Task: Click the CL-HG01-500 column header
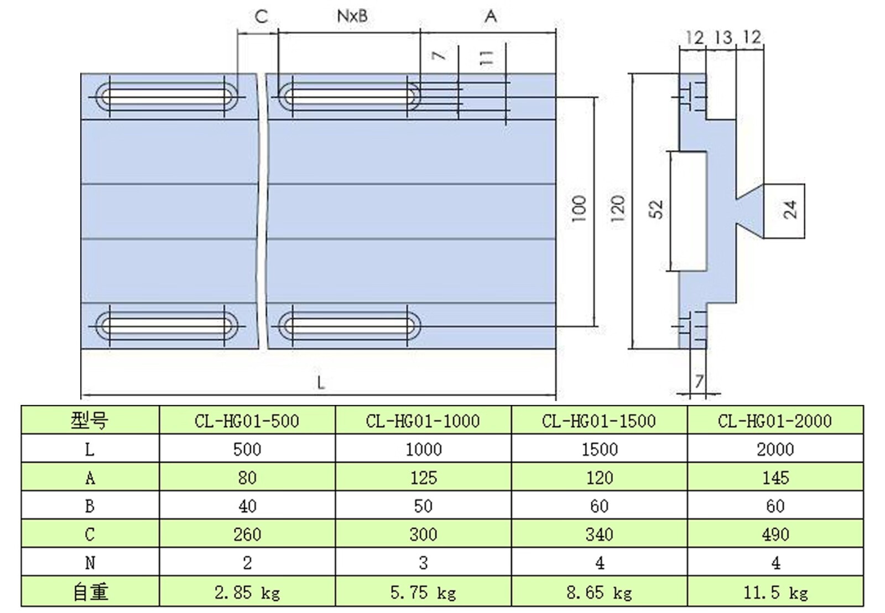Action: pos(247,421)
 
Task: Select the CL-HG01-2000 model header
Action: pos(774,421)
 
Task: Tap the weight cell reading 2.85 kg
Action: pos(247,593)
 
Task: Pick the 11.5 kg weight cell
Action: pos(774,593)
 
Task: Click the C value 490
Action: pos(774,534)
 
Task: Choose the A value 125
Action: pos(423,477)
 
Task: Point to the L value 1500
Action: pos(599,449)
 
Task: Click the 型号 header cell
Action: pos(90,421)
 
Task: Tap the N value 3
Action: pos(423,563)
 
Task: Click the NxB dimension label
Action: pos(352,16)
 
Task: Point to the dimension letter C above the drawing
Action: pos(261,17)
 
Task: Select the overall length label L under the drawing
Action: pos(321,383)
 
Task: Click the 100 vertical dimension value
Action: pos(579,209)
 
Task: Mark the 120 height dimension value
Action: pos(618,209)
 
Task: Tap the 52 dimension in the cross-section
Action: pos(657,209)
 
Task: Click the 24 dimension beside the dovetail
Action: pos(791,210)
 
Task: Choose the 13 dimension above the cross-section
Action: pos(723,38)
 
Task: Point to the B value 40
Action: pos(247,506)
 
